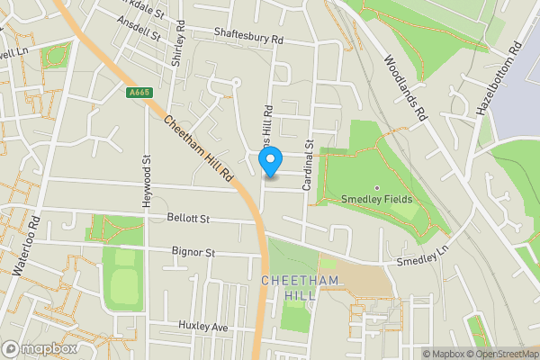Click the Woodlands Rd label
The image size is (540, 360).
click(403, 89)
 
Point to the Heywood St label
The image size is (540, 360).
click(146, 181)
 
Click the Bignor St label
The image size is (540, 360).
click(193, 253)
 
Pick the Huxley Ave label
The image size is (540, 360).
click(204, 326)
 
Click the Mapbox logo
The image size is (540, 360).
click(40, 348)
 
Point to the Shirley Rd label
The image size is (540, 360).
click(178, 41)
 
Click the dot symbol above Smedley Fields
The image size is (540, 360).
click(377, 187)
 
